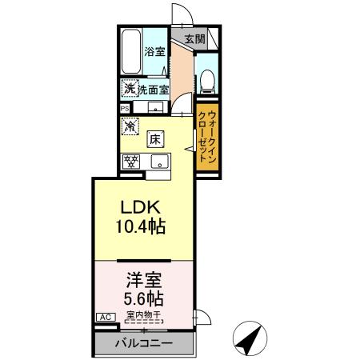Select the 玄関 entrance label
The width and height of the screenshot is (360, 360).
(194, 38)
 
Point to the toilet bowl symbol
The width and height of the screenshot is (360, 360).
(206, 78)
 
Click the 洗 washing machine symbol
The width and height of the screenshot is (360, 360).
(128, 89)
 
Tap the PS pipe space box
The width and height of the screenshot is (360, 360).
(124, 108)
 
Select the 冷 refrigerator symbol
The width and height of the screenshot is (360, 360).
(129, 126)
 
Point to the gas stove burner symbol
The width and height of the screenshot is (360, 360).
(130, 161)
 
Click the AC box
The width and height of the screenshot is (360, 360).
(103, 317)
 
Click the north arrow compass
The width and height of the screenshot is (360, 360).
(250, 340)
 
